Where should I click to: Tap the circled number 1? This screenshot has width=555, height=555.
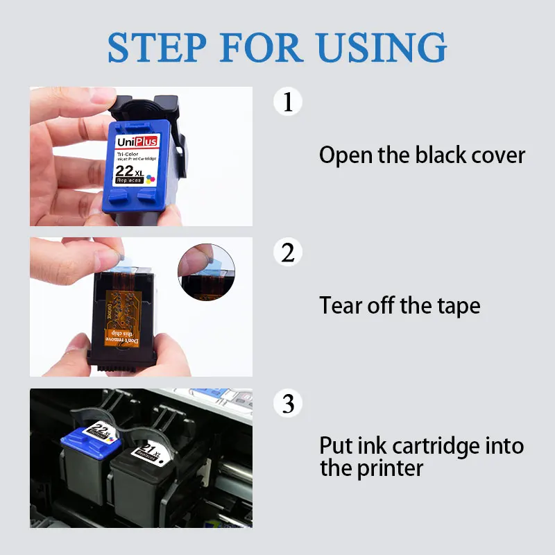tap(288, 101)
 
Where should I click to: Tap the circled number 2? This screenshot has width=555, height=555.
tap(288, 253)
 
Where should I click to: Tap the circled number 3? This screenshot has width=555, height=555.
tap(288, 403)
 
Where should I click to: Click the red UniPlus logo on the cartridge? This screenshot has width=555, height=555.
tap(137, 142)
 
